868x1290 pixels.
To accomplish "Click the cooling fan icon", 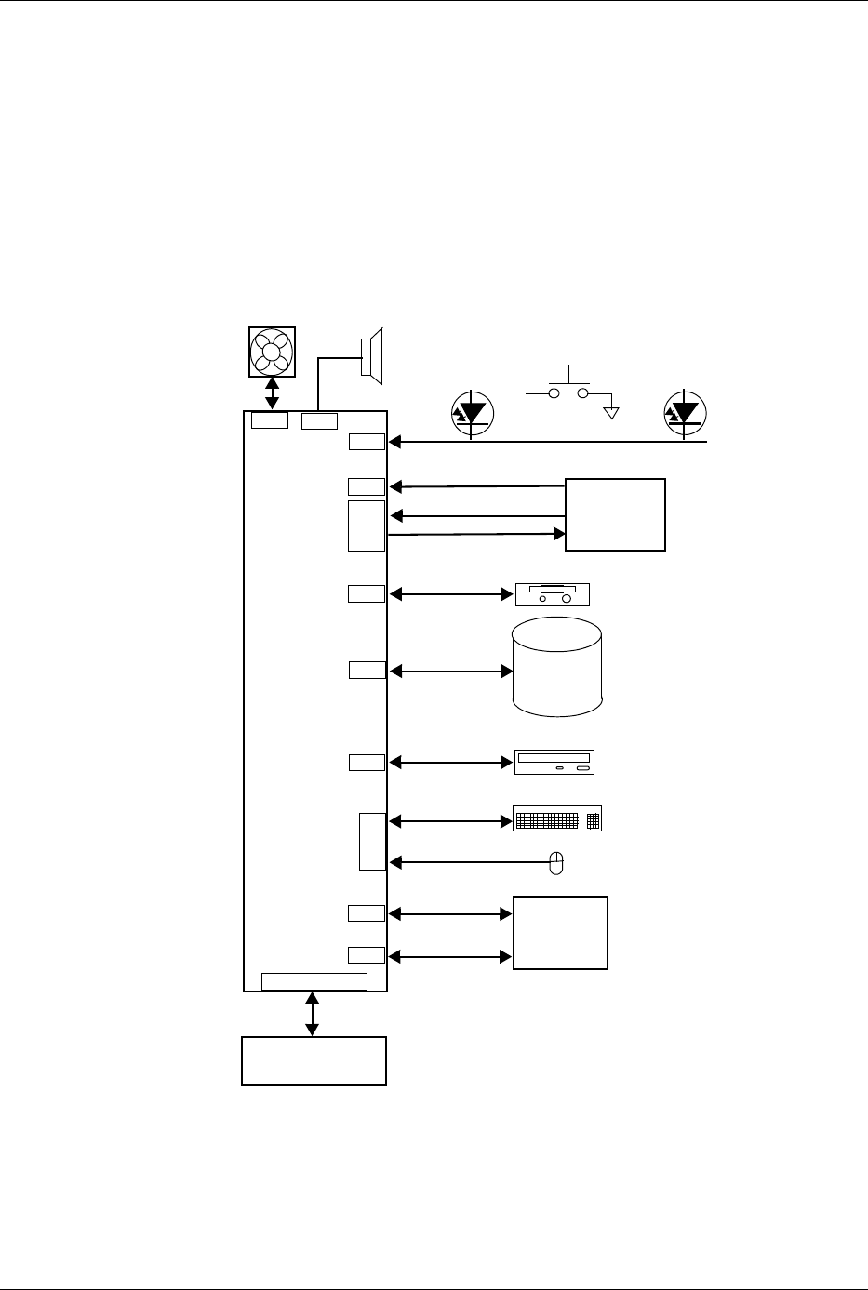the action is (x=272, y=352).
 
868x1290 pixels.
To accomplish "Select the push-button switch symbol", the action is (x=569, y=392).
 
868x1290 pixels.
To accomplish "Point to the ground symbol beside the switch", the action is (x=611, y=411).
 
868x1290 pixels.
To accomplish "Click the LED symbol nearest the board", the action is (x=473, y=413).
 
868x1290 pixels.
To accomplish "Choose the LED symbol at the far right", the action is (x=687, y=413).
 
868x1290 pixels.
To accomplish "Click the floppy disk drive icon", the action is (x=553, y=594).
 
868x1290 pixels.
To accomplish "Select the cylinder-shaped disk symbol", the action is (x=557, y=666).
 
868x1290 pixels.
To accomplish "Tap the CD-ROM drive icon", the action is (x=554, y=762).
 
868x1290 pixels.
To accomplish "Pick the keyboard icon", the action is (x=557, y=819).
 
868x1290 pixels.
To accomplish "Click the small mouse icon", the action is (x=556, y=862).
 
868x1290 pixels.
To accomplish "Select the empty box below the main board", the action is (x=314, y=1060).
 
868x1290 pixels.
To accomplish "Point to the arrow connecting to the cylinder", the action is (x=450, y=670).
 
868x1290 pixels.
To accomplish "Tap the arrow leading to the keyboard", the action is (x=450, y=821).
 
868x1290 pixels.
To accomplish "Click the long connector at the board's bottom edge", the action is (x=314, y=981).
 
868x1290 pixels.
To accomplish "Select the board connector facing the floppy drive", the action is (x=367, y=593).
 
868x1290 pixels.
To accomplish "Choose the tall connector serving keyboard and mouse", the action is (x=372, y=842).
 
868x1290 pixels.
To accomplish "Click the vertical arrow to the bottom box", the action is (x=312, y=1014).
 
